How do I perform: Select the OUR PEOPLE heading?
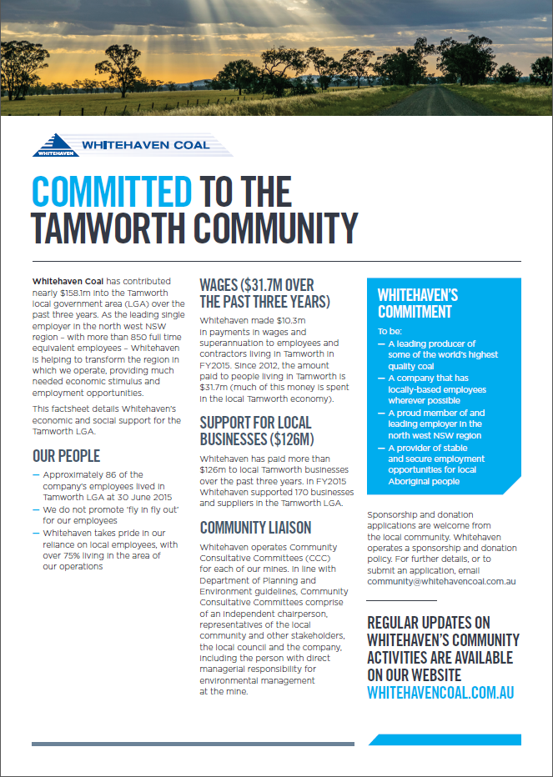(66, 456)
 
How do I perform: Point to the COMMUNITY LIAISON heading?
(255, 527)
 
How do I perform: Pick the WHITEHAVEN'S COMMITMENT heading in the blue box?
(417, 303)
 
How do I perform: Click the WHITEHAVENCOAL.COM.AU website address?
(440, 692)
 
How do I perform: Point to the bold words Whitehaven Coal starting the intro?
(68, 281)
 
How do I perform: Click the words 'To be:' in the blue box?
(390, 331)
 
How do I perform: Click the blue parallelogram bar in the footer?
(445, 739)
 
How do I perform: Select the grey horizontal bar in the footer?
(193, 744)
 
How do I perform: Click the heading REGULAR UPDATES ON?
(429, 623)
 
